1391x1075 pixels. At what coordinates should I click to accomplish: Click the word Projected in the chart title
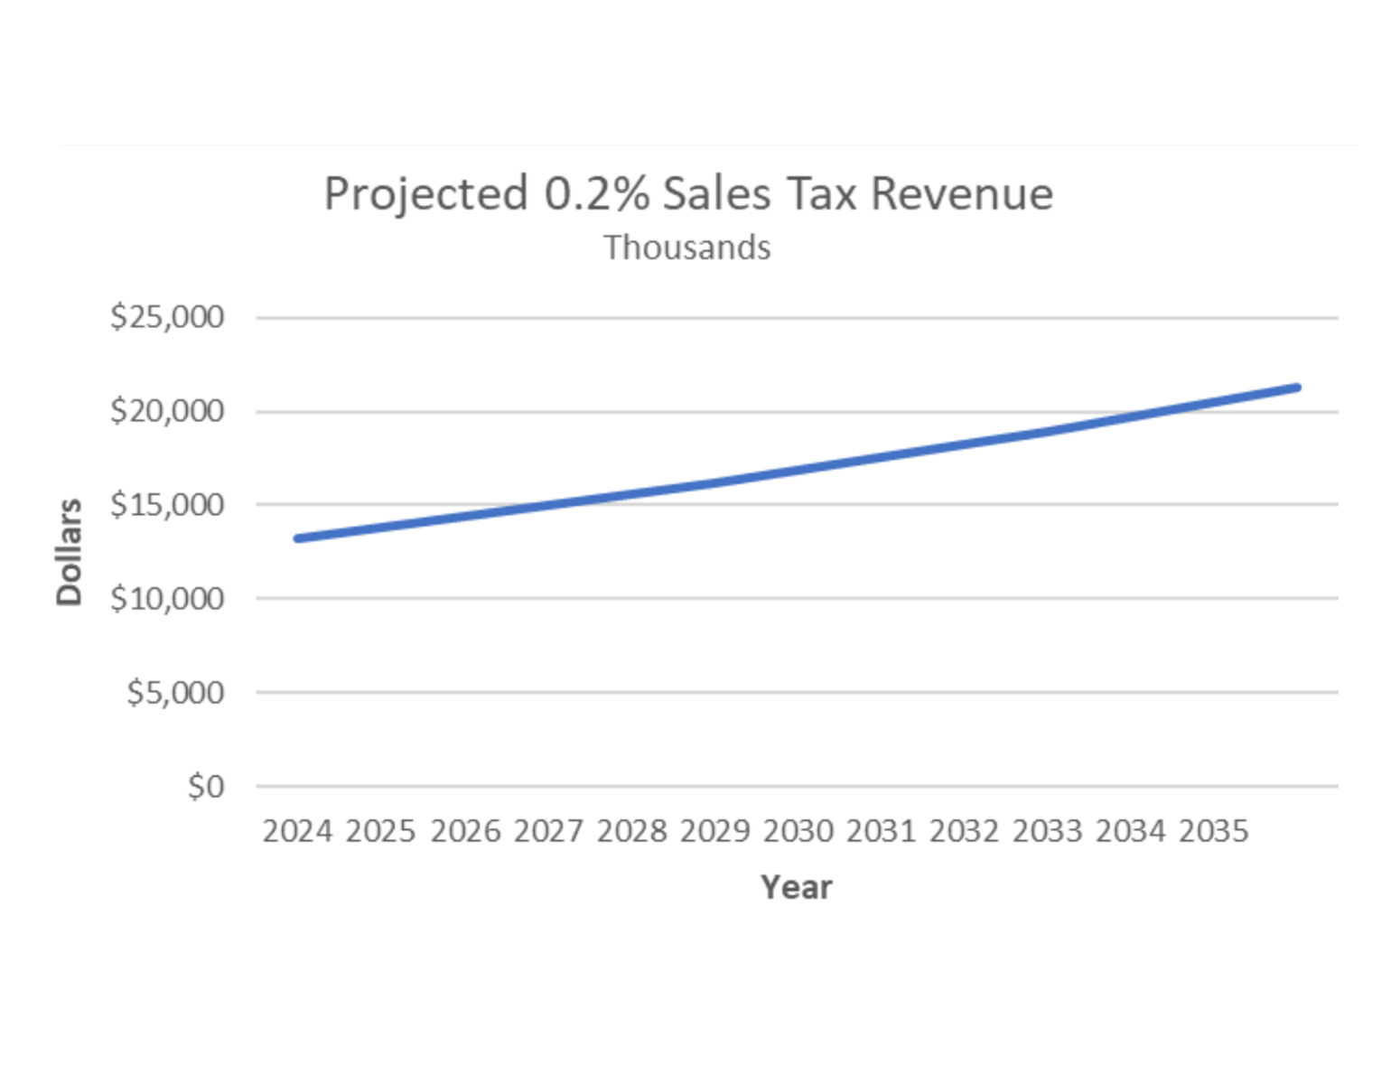[425, 195]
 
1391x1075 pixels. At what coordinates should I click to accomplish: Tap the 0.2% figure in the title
[596, 193]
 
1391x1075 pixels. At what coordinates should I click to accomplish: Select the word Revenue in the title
[962, 193]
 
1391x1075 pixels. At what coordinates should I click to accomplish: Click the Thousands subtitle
[687, 248]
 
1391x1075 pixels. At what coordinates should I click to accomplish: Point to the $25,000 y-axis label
[167, 317]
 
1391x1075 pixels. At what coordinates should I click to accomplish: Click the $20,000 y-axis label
[167, 411]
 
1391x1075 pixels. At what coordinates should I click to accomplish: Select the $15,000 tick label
[167, 504]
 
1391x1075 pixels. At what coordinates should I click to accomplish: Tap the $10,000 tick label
[167, 598]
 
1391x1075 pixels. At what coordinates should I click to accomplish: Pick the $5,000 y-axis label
[175, 692]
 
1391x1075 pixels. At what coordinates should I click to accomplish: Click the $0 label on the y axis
[206, 786]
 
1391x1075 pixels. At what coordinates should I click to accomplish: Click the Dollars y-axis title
[70, 551]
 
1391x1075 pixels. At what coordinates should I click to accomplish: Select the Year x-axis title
[796, 887]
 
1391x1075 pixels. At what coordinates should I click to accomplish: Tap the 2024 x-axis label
[297, 831]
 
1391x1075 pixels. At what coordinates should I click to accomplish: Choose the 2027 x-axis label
[548, 831]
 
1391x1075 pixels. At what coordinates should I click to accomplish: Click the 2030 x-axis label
[798, 831]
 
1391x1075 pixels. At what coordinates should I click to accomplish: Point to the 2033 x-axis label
[1047, 831]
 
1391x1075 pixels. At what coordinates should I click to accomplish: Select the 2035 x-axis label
[1213, 831]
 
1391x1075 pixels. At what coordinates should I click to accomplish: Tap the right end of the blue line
[1296, 388]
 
